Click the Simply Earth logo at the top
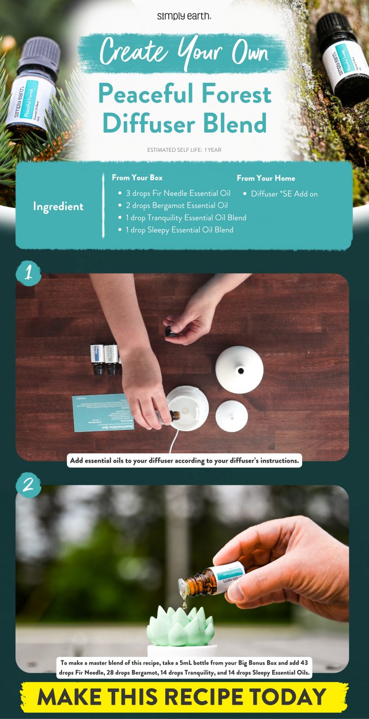184,16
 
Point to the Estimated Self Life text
184,150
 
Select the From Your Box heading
137,177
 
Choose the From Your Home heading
266,178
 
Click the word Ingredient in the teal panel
58,206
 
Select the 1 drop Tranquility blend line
186,218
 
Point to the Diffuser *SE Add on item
284,194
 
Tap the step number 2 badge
28,485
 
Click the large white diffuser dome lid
240,369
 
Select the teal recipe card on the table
103,412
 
